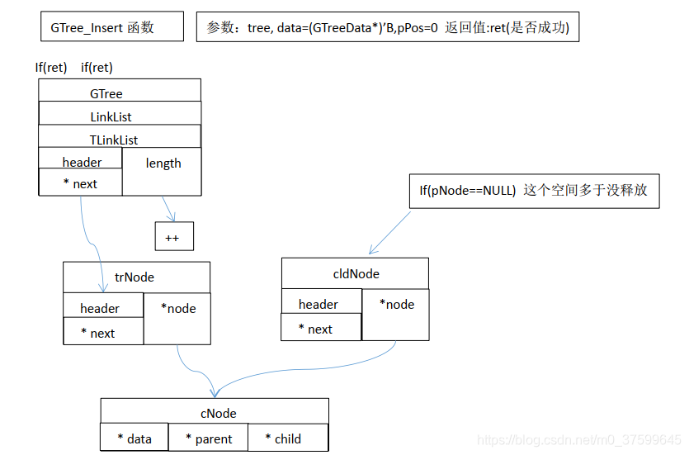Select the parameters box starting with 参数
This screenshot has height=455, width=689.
388,27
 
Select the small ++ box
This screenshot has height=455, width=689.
173,236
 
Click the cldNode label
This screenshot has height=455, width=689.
355,273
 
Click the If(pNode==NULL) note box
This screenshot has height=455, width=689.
533,191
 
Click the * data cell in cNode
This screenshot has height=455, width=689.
134,438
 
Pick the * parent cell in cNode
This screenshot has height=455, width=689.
208,438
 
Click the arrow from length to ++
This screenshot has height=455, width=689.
168,209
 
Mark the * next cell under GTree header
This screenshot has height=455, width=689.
80,182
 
